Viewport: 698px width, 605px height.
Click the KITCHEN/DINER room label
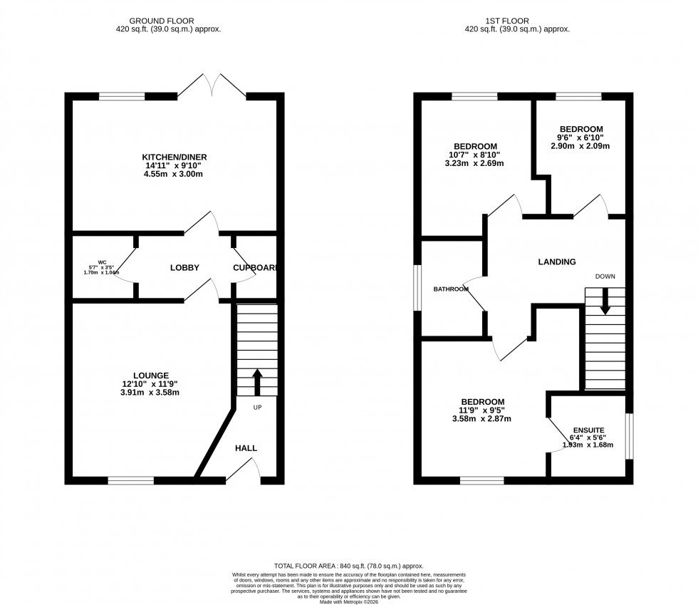tap(174, 157)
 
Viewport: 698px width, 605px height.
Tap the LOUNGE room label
tap(150, 376)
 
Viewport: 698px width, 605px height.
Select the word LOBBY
tap(184, 268)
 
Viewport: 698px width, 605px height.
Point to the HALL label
tap(246, 448)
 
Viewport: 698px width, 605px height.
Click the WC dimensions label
tap(101, 267)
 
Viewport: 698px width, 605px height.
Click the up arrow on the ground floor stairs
tap(256, 381)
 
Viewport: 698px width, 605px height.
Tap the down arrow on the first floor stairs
tap(605, 300)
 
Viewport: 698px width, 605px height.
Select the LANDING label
tap(556, 262)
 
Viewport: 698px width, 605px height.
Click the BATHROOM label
tap(452, 289)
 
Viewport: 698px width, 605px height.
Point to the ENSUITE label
tap(588, 430)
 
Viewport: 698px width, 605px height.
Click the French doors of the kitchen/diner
tap(212, 88)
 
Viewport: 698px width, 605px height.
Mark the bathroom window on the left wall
tap(418, 289)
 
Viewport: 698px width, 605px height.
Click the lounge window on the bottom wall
tap(131, 480)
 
